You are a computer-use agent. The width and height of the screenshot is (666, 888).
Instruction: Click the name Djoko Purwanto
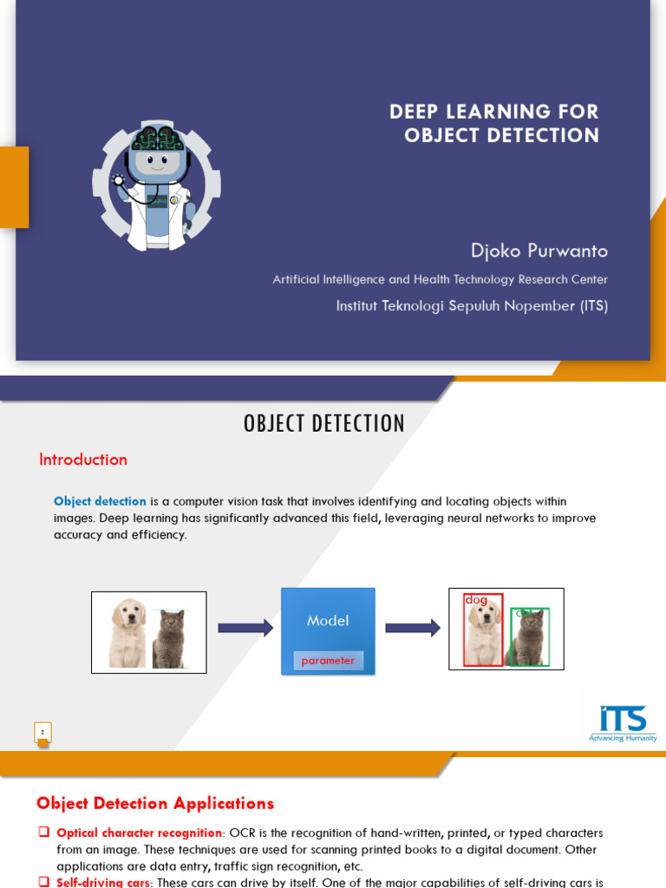(x=539, y=251)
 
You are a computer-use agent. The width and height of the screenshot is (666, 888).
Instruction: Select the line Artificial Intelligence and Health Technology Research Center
(x=440, y=279)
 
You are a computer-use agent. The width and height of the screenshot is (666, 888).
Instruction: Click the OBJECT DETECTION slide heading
(x=324, y=423)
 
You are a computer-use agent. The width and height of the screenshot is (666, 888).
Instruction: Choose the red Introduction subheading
(x=83, y=460)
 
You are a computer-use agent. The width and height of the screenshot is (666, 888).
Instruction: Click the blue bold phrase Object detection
(x=100, y=501)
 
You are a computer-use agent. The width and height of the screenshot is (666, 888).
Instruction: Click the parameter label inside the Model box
(x=328, y=661)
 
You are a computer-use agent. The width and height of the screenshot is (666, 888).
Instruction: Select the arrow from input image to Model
(x=245, y=628)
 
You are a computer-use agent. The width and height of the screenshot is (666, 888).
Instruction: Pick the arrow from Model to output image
(x=413, y=628)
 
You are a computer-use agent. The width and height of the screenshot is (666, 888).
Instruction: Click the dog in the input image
(x=127, y=634)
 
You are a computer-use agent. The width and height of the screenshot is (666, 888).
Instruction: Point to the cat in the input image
(x=169, y=639)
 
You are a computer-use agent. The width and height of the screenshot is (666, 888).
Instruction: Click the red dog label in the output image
(x=476, y=599)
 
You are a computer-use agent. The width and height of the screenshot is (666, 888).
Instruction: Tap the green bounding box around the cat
(x=530, y=637)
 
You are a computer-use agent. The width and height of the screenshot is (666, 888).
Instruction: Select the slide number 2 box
(x=42, y=733)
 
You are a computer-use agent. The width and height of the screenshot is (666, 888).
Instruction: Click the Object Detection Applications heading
(x=155, y=803)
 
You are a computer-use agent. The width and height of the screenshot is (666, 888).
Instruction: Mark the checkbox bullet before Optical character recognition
(x=43, y=832)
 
